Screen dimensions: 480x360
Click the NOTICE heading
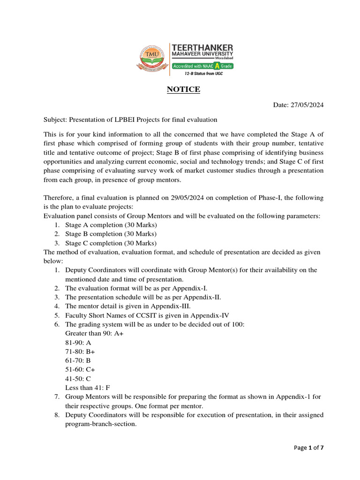click(184, 89)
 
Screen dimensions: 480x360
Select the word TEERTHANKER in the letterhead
click(202, 48)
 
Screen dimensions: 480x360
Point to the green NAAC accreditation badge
click(202, 66)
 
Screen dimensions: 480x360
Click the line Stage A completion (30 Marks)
click(111, 225)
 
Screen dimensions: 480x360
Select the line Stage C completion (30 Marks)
click(111, 243)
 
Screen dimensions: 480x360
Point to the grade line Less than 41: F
click(88, 387)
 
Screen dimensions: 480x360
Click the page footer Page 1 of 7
click(308, 448)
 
